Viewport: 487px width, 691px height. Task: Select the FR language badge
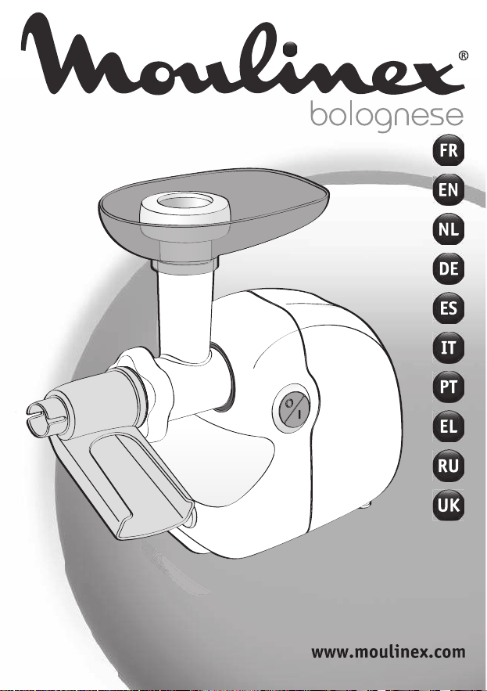click(448, 151)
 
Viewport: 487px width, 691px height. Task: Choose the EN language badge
click(448, 190)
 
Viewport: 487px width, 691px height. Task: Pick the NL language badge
click(448, 229)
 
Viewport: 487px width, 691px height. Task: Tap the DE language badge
click(448, 269)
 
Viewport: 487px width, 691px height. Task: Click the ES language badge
click(448, 308)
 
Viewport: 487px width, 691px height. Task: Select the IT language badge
click(448, 347)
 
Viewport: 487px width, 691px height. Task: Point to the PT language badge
click(448, 387)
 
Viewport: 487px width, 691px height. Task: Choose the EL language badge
click(448, 426)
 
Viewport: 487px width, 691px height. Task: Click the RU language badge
click(448, 466)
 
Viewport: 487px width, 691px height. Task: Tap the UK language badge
click(448, 505)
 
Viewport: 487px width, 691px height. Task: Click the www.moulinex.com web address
click(388, 651)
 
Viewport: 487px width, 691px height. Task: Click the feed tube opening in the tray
click(185, 203)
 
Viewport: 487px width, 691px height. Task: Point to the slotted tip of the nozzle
click(46, 416)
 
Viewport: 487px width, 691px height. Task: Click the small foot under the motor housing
click(367, 505)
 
